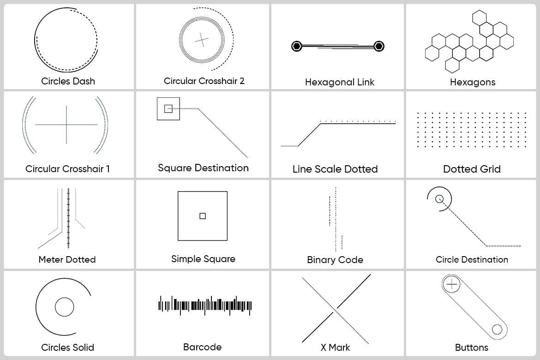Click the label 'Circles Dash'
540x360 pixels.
(68, 81)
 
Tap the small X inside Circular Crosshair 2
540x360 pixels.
(202, 40)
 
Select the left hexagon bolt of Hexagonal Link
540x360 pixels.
(297, 46)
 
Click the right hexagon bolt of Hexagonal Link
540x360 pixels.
(379, 46)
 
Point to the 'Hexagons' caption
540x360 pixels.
(473, 82)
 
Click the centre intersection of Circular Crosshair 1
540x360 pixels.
(66, 125)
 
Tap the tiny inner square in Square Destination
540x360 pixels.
(168, 109)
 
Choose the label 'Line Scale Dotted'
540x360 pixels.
(335, 169)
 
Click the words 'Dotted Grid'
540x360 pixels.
(472, 169)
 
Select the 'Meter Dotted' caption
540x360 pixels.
(67, 259)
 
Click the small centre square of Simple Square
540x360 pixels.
(203, 216)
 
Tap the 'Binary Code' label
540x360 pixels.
(335, 260)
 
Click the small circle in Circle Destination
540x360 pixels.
(439, 199)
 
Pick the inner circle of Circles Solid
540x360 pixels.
(65, 307)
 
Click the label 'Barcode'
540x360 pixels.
(202, 347)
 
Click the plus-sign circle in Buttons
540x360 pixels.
(452, 284)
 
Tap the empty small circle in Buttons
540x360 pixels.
(497, 329)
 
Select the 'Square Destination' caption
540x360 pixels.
(203, 168)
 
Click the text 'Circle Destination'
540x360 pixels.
(472, 259)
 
